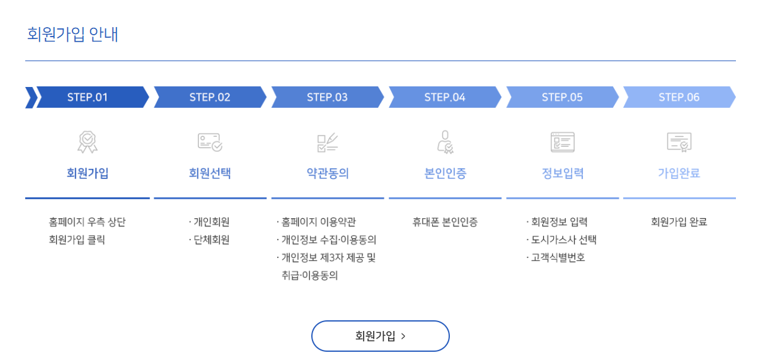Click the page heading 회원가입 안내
coord(72,34)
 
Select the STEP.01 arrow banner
coord(88,97)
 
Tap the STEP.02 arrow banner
coord(210,97)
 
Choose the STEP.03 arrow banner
coord(327,97)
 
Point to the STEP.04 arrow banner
coord(445,97)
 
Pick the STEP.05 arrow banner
coord(562,97)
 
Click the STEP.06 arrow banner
coord(679,97)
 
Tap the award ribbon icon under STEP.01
coord(88,142)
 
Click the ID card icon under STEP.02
coord(210,142)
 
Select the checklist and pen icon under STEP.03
coord(327,142)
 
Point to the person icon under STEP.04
coord(445,142)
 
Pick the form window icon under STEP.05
coord(562,142)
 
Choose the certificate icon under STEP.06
coord(679,142)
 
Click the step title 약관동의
coord(328,173)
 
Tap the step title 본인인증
coord(445,173)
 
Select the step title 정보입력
coord(563,173)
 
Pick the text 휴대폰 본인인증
coord(445,222)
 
